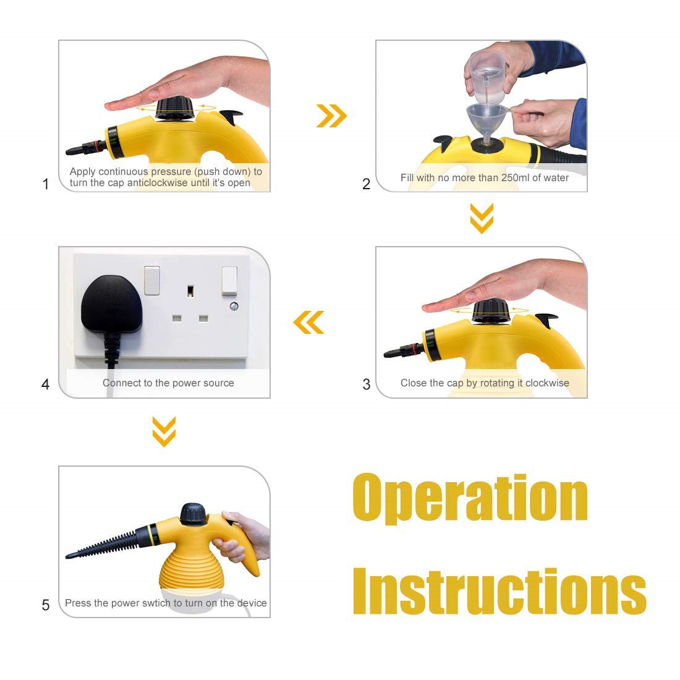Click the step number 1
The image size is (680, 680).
point(46,184)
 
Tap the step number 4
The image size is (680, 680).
point(45,384)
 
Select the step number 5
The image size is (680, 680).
point(46,605)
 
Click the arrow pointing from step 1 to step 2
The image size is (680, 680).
point(332,116)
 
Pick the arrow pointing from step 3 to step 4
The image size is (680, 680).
point(308,322)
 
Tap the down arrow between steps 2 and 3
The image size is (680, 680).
point(482,218)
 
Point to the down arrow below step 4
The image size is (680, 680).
point(164,431)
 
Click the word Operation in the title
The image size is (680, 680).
point(470,499)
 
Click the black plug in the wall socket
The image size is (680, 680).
point(111,304)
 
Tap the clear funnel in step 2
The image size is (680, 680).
point(487,124)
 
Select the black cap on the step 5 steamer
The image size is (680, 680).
point(193,514)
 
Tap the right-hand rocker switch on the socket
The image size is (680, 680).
point(229,281)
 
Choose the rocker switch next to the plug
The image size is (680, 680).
point(152,281)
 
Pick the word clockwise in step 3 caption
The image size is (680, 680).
point(547,383)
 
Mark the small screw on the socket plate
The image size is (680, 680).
point(234,307)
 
